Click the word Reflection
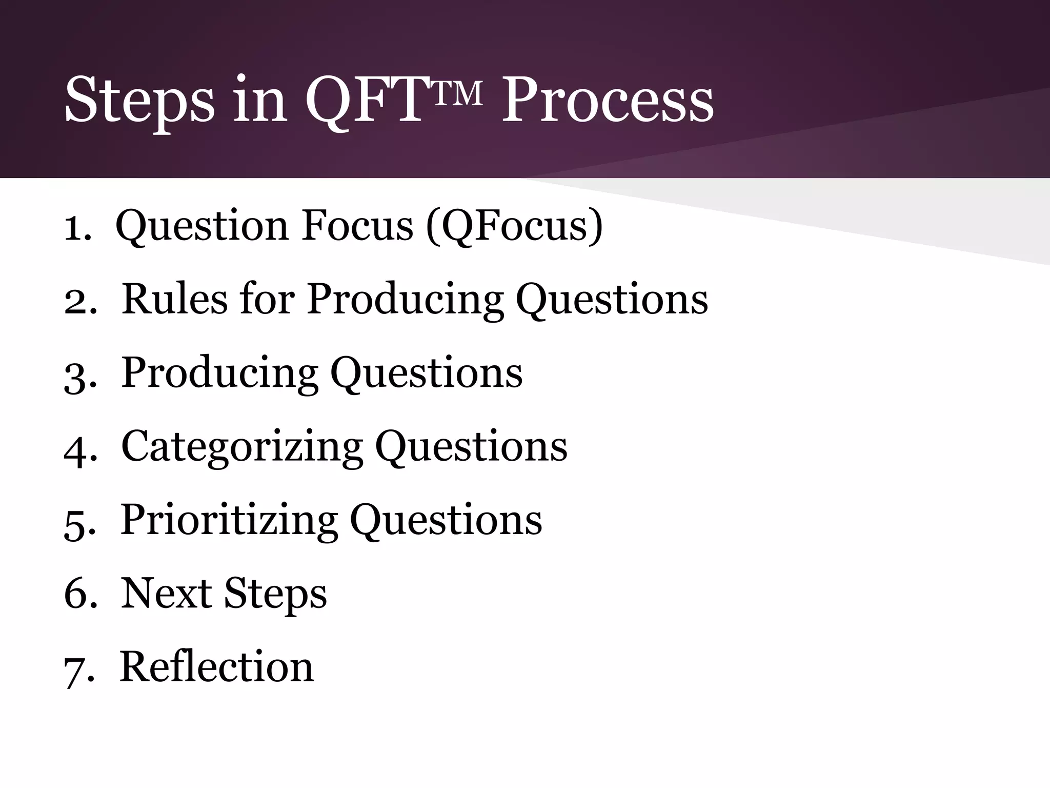click(x=216, y=666)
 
